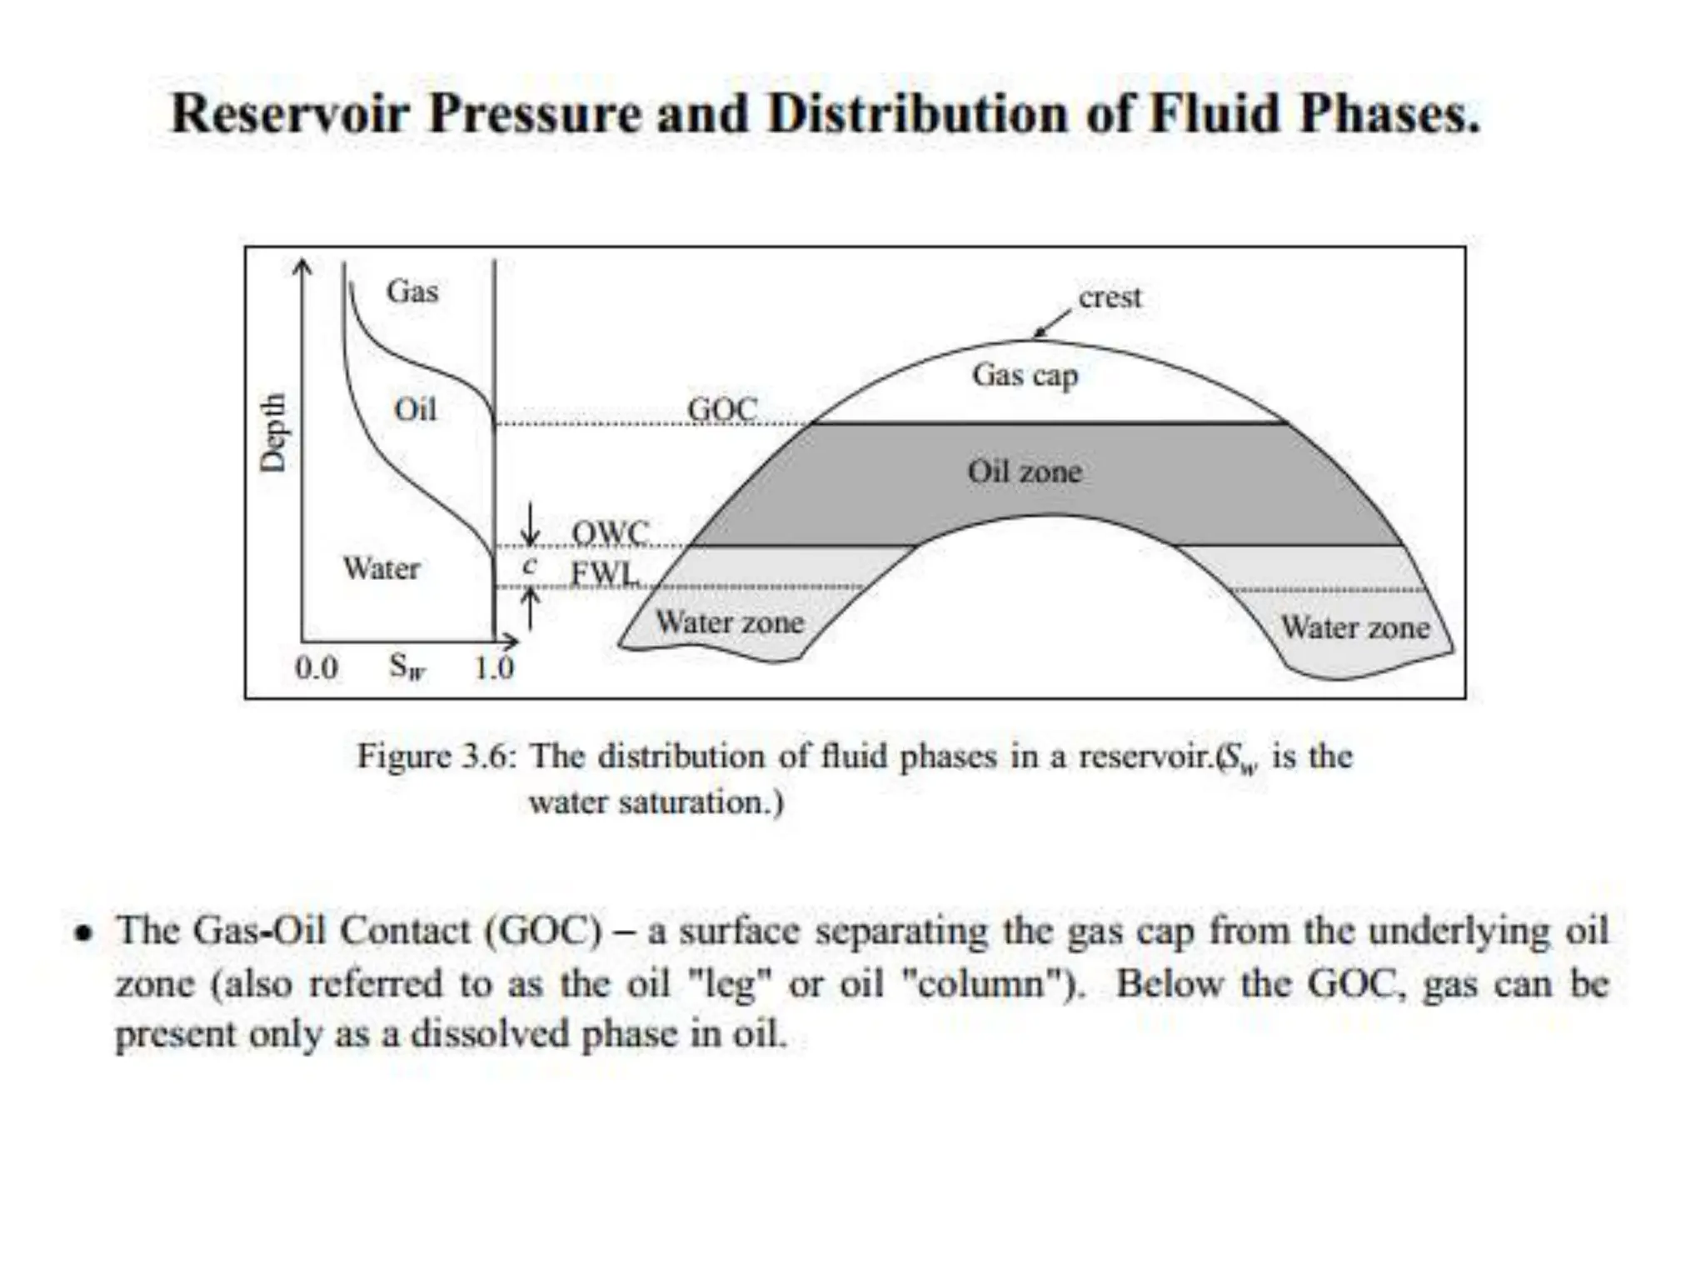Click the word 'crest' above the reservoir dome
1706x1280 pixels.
(x=1109, y=297)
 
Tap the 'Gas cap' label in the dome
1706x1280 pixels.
(x=1025, y=376)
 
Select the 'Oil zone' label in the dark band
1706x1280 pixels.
(x=1025, y=472)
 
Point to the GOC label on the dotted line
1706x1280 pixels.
(x=722, y=409)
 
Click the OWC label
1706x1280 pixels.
(x=610, y=532)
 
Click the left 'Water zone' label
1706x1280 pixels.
(x=730, y=622)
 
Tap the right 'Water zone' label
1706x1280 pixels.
(x=1355, y=627)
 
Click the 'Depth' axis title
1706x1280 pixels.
(x=272, y=432)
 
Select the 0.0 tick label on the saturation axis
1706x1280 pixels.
(x=317, y=668)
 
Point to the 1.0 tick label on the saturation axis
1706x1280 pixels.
(x=494, y=668)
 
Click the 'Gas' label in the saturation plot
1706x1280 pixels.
(x=412, y=292)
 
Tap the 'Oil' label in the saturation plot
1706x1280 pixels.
(x=415, y=410)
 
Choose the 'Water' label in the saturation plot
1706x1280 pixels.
(x=382, y=569)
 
